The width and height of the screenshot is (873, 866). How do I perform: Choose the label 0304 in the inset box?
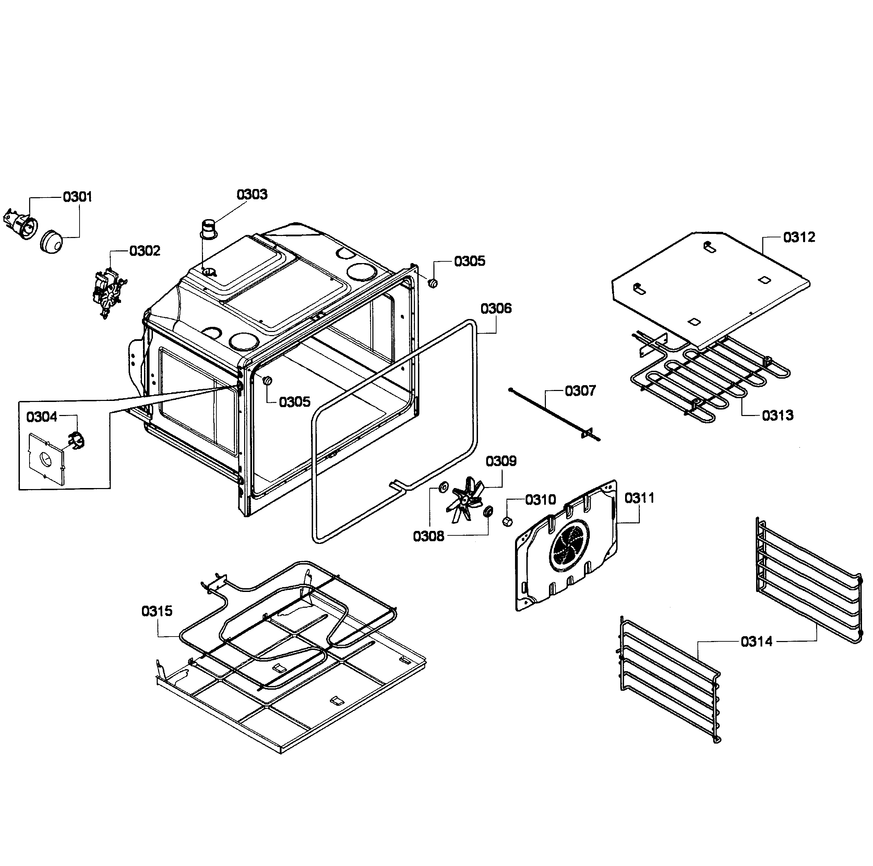(41, 417)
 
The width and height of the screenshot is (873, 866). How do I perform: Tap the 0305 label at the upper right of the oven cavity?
(469, 261)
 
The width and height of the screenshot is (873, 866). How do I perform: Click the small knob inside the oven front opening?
(267, 381)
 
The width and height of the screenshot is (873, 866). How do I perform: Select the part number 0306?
(496, 309)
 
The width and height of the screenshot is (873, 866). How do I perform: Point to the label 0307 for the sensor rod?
(580, 391)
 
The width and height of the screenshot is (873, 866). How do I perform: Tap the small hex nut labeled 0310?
(506, 521)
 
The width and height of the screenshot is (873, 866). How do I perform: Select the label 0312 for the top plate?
(799, 237)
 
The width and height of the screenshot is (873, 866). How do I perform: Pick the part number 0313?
(777, 415)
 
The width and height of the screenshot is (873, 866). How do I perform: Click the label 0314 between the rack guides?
(756, 641)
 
